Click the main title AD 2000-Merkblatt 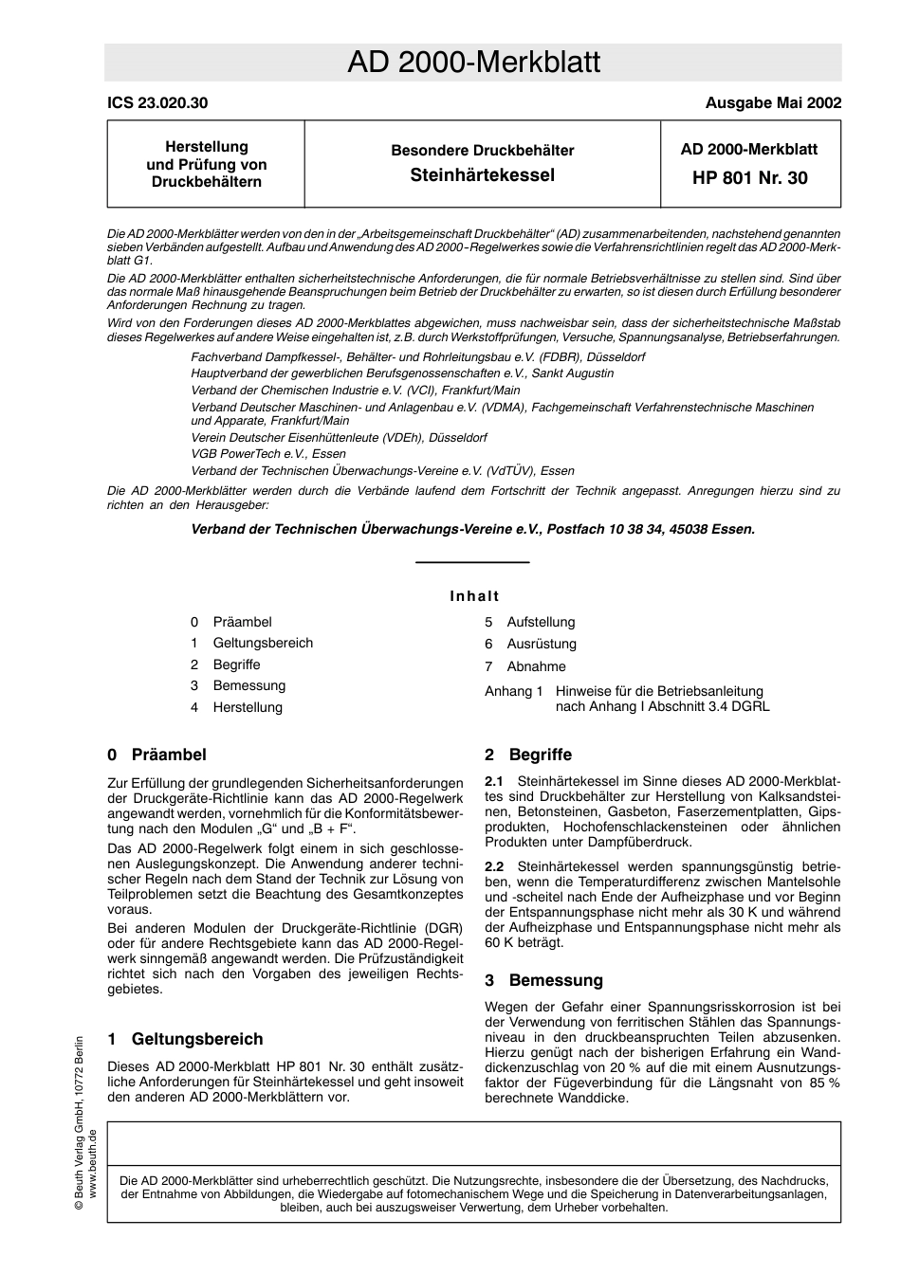[x=473, y=63]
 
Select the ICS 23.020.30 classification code [x=157, y=103]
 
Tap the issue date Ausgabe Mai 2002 [x=773, y=103]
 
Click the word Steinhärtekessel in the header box [x=482, y=175]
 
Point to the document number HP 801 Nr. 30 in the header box [x=750, y=178]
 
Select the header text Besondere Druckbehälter [x=482, y=151]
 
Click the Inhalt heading [x=474, y=596]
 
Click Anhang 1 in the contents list [x=513, y=692]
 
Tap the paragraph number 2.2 [x=494, y=866]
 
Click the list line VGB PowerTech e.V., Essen [x=268, y=454]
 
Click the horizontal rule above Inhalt [x=472, y=563]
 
